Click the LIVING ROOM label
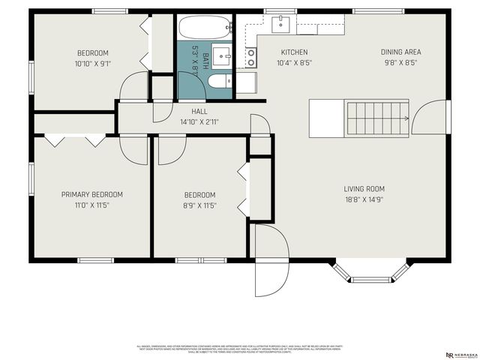point(364,188)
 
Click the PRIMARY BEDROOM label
point(92,194)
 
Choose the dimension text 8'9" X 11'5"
point(200,205)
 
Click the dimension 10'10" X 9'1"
point(93,64)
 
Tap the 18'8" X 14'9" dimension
point(364,199)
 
